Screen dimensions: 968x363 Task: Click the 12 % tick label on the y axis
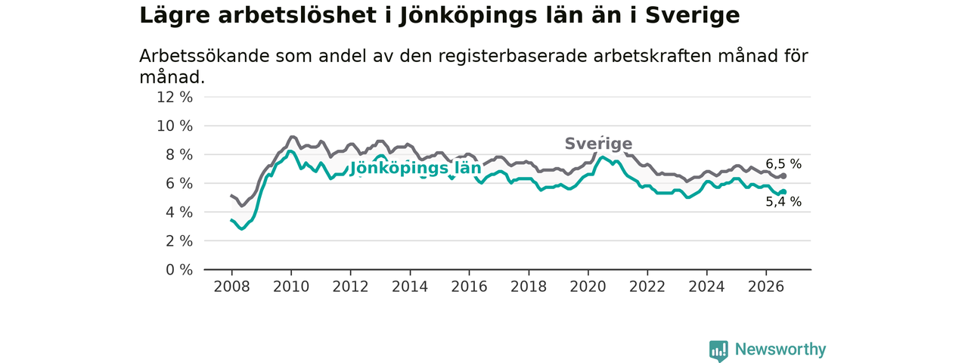(175, 98)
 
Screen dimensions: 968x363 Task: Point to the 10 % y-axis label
(175, 126)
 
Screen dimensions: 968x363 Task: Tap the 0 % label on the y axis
(179, 270)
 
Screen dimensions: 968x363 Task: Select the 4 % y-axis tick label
(179, 213)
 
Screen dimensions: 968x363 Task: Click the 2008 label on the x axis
(231, 287)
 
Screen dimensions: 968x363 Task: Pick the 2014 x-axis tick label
(410, 287)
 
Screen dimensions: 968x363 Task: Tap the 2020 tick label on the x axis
(588, 287)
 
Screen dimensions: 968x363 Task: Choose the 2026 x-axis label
(766, 287)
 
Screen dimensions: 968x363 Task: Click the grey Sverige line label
(598, 144)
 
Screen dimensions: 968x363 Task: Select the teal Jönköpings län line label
(415, 168)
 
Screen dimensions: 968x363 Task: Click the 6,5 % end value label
(783, 164)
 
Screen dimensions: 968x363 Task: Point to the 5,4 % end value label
(783, 202)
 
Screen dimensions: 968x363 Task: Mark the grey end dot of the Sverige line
(783, 176)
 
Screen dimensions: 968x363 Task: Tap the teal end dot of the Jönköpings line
(783, 191)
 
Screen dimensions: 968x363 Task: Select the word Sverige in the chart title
(693, 16)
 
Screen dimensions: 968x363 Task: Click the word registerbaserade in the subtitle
(513, 56)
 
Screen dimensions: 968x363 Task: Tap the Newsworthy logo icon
(718, 350)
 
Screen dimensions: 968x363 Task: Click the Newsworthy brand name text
(780, 349)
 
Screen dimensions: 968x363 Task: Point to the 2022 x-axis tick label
(647, 287)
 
